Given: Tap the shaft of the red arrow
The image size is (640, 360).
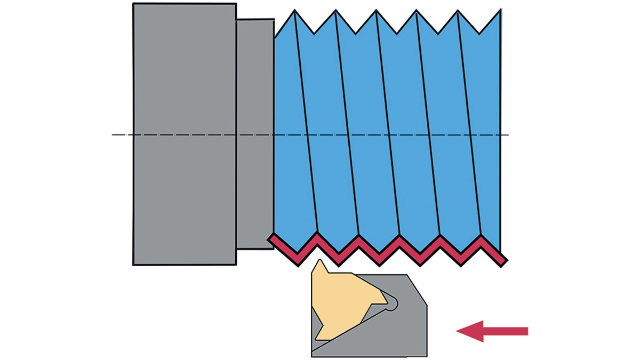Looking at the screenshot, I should coord(507,331).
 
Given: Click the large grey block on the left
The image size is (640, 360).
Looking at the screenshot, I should coord(184,133).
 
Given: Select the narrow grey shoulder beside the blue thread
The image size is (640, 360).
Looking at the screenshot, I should coord(255,133).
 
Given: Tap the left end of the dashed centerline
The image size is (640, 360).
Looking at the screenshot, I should coord(113,134).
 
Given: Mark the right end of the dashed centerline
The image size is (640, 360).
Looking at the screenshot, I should coord(508,134).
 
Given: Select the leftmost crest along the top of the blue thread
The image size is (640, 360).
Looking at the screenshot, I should coord(295,11).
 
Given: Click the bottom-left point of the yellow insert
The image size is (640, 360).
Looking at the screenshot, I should coord(316,339).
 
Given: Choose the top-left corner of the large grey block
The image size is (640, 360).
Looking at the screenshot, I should coord(133,4).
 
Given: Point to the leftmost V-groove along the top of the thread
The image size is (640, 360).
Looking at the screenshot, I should coord(315,33).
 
